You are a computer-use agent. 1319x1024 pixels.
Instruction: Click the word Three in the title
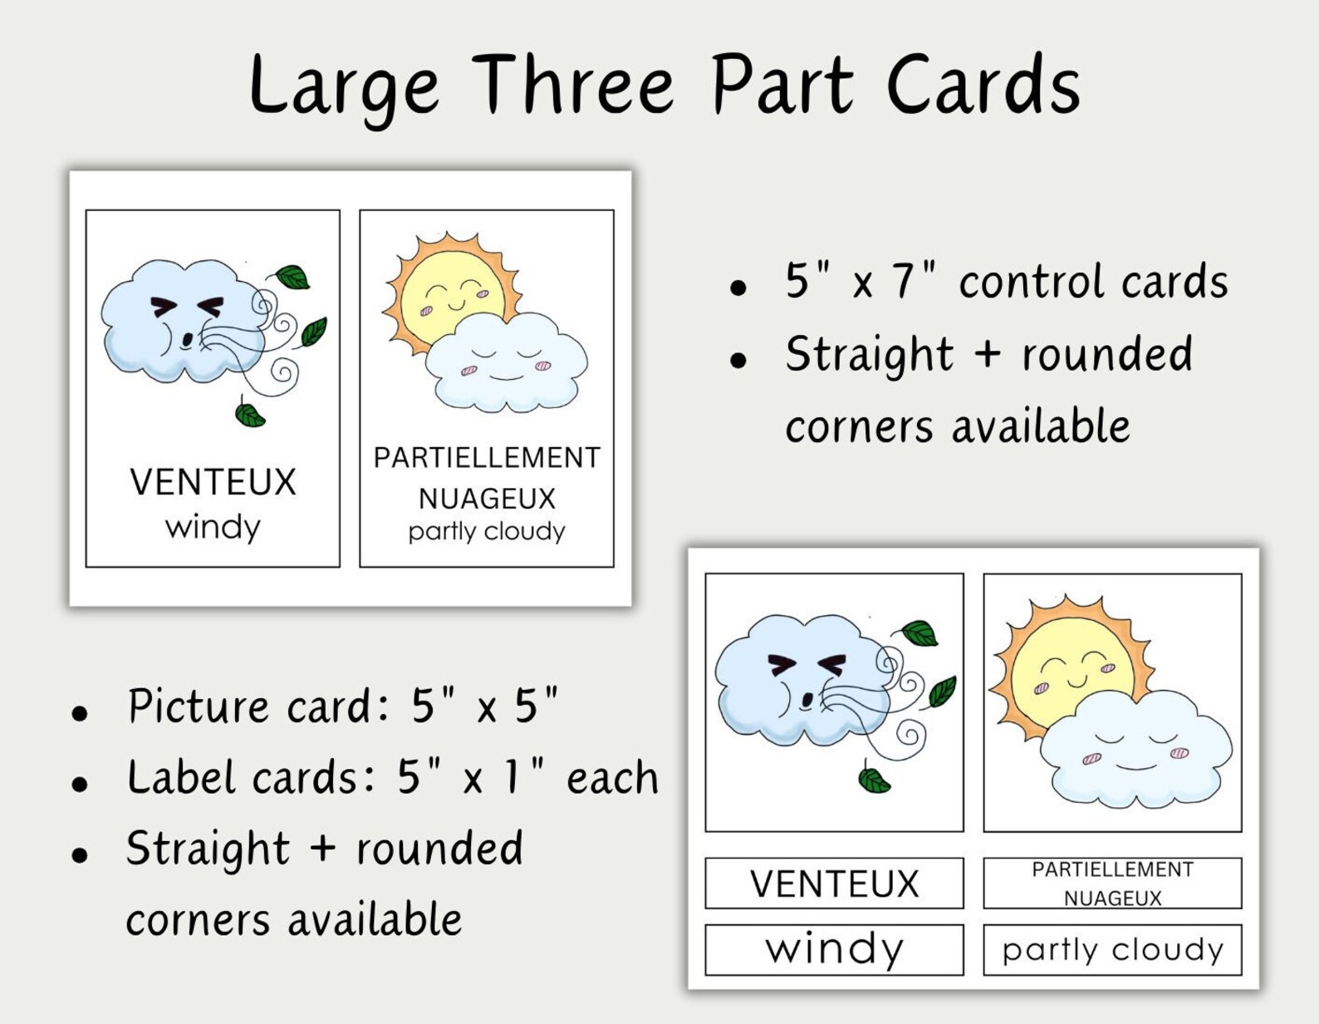tap(576, 85)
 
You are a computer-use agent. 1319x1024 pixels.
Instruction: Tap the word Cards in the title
tap(983, 85)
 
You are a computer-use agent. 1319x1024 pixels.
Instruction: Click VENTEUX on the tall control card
tap(213, 482)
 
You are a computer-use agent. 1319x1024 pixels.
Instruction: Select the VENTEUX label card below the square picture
tap(834, 884)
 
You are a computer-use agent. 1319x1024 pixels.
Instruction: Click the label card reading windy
tap(834, 949)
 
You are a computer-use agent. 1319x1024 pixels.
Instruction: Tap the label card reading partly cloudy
tap(1112, 949)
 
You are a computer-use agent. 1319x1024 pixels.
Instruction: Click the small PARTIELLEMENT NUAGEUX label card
tap(1112, 884)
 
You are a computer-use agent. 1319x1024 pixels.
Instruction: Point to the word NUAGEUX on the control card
tap(487, 499)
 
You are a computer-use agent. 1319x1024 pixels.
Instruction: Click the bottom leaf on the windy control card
tap(249, 413)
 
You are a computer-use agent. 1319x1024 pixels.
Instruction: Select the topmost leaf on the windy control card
tap(292, 277)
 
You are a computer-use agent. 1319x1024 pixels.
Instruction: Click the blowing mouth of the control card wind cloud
tap(189, 339)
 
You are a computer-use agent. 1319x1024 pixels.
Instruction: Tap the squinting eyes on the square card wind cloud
tap(806, 665)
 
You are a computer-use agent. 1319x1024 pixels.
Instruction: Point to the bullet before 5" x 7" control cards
tap(738, 288)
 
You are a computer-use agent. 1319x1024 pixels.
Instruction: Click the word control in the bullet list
tap(1033, 282)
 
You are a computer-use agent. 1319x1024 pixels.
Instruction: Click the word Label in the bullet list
tap(184, 778)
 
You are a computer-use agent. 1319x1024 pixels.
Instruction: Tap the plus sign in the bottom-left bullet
tap(322, 849)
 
